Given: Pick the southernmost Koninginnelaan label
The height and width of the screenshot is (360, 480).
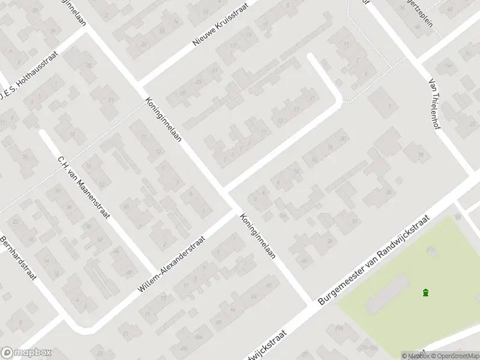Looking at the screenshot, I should pyautogui.click(x=257, y=236).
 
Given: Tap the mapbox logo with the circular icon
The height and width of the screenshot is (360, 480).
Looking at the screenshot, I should pyautogui.click(x=26, y=353).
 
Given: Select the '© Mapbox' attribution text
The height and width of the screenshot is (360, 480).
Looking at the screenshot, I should pyautogui.click(x=415, y=356).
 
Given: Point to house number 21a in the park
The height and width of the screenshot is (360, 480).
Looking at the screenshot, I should pyautogui.click(x=430, y=248).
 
